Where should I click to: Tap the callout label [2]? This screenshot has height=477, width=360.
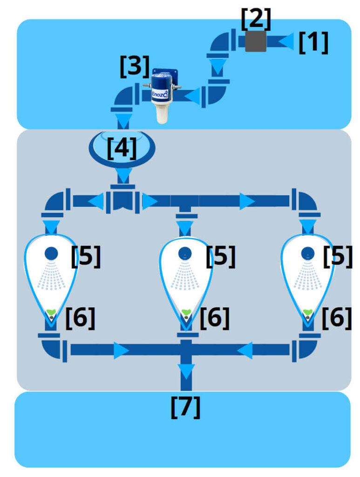pos(255,19)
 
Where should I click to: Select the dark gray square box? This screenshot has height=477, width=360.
pos(255,41)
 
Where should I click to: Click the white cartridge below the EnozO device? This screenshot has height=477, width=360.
pos(162,113)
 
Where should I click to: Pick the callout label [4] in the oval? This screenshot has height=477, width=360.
pos(122,148)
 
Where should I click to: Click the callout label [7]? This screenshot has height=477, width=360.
pos(185,407)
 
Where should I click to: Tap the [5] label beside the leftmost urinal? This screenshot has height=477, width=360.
pos(85,256)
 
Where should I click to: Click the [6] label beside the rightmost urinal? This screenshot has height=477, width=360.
pos(336,318)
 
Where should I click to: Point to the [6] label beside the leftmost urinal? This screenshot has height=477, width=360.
pos(80,318)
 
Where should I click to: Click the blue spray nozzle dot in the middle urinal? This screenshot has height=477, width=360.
pos(185,253)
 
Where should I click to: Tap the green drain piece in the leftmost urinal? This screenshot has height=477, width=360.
pos(51,312)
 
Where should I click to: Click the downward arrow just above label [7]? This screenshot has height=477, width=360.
pos(186,371)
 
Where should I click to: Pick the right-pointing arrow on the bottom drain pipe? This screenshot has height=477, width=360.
pos(121,350)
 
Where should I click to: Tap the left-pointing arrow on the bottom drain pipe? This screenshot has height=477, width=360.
pos(245,350)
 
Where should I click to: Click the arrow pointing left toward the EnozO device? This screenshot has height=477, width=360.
pos(192,95)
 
